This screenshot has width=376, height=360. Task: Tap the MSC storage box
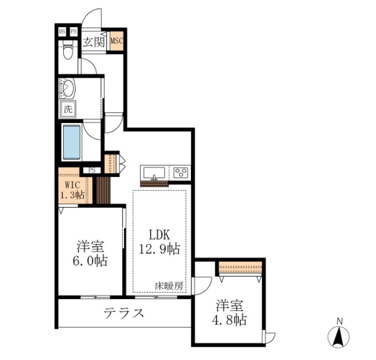[117, 40]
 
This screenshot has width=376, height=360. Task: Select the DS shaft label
[62, 32]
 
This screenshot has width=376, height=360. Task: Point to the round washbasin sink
[69, 88]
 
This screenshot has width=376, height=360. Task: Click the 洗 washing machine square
[68, 108]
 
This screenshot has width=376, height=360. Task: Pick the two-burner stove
[181, 173]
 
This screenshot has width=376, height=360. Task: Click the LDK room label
[160, 235]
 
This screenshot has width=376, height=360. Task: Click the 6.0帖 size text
[91, 261]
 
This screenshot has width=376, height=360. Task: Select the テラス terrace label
[124, 313]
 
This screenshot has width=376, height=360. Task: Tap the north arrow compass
[339, 336]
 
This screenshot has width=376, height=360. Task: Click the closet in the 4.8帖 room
[241, 267]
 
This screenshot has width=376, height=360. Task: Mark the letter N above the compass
[339, 322]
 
